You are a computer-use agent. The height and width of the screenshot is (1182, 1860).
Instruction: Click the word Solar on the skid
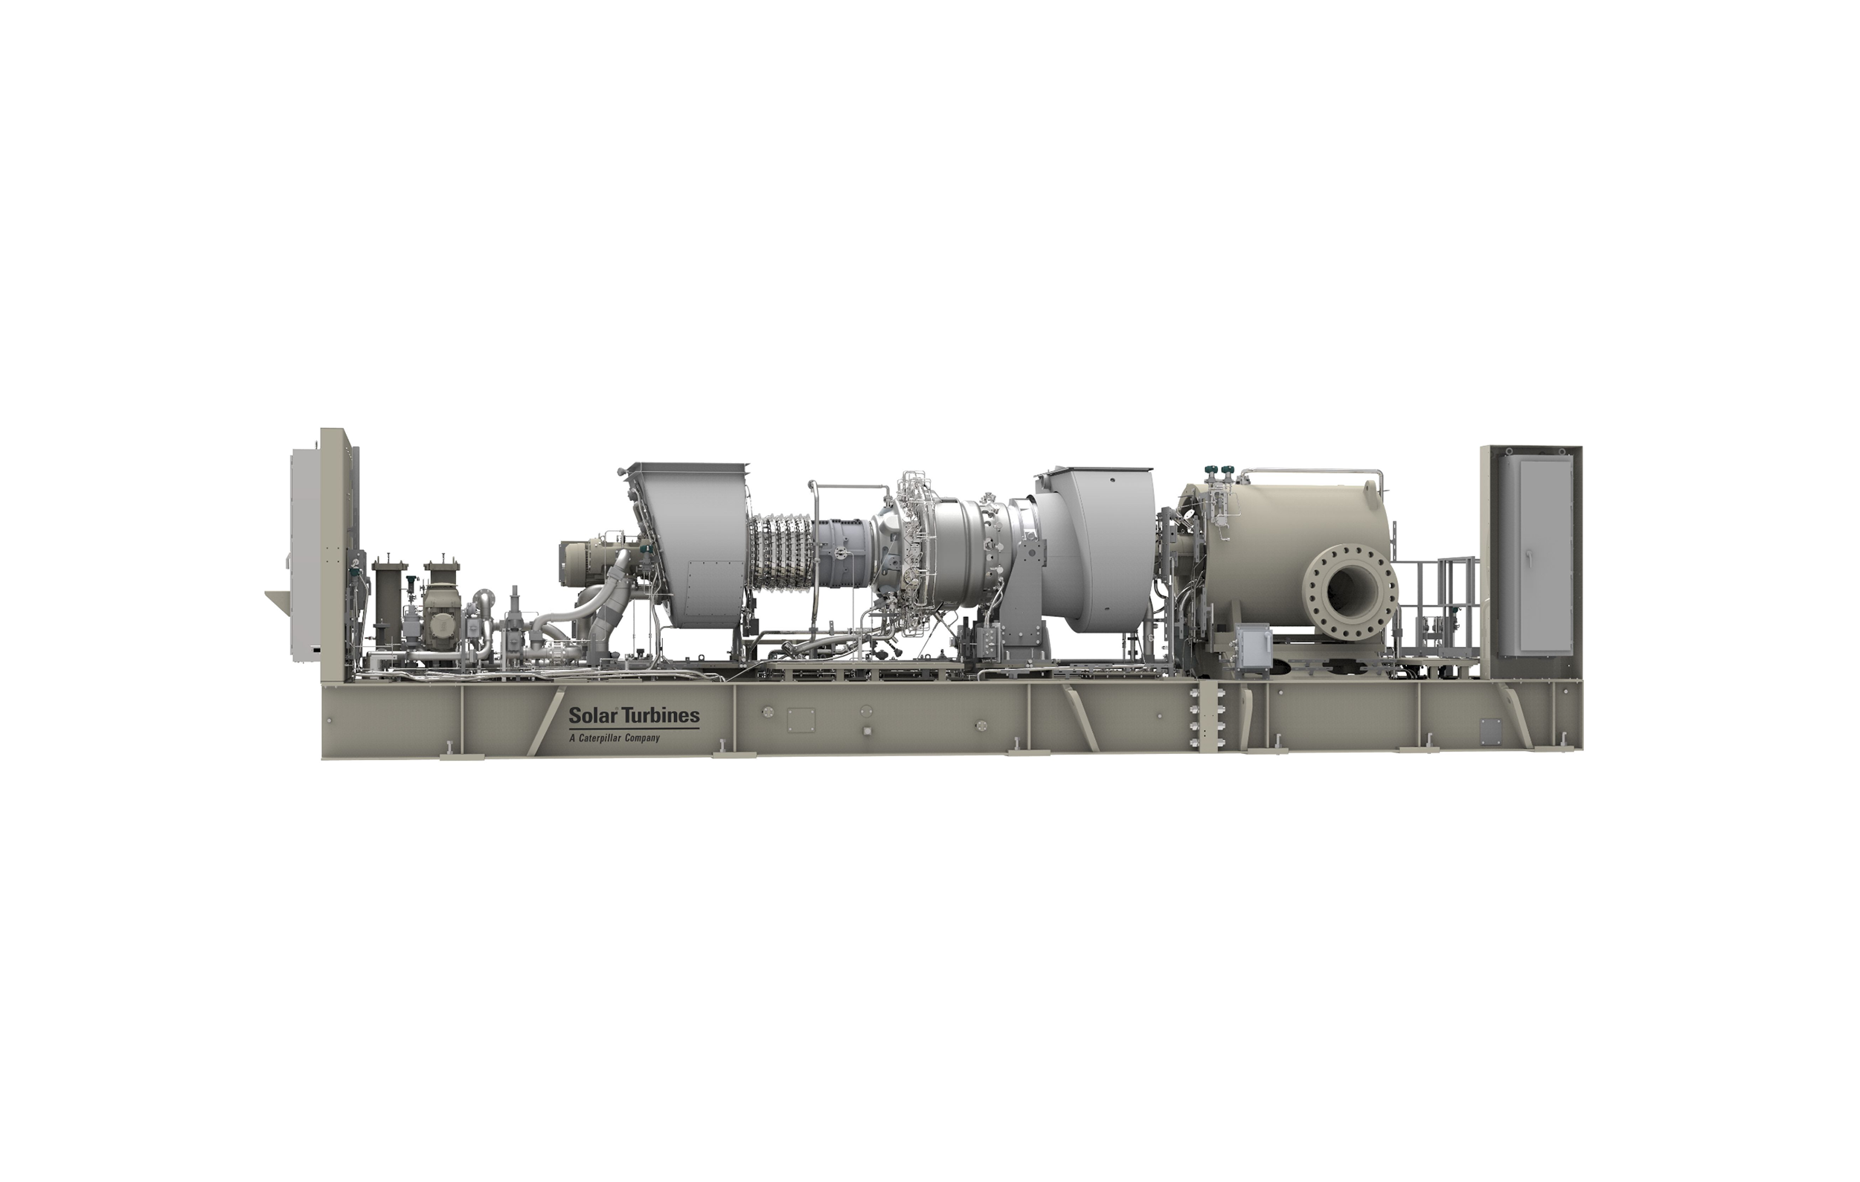[590, 715]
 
